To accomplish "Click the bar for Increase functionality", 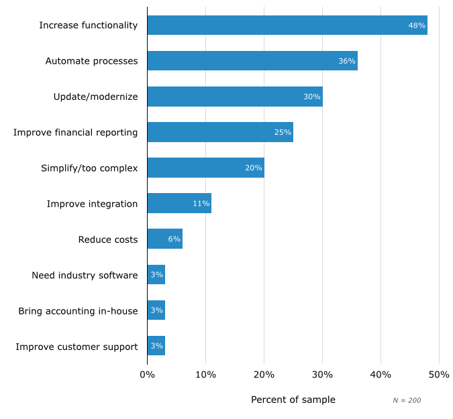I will coord(287,25).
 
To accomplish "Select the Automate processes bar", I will coord(252,61).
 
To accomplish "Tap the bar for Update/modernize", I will coord(235,97).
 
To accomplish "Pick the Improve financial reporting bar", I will coord(220,132).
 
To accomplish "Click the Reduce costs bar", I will coord(164,239).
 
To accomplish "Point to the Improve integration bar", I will coord(179,203).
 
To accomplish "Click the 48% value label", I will coord(417,25).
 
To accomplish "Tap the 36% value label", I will coord(347,61).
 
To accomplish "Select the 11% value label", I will coord(201,203).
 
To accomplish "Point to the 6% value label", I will coord(174,239).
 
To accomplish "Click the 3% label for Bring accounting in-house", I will coord(156,310).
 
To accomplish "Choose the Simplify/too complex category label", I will coord(89,168).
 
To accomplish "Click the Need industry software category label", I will coord(85,275).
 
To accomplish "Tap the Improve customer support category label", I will coord(77,347).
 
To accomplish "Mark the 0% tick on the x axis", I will coord(147,374).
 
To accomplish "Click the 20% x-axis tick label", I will coord(264,374).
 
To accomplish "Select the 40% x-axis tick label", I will coord(381,374).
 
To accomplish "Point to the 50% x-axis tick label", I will coord(439,374).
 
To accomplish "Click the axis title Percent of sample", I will coord(293,400).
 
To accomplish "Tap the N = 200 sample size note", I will coord(407,400).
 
